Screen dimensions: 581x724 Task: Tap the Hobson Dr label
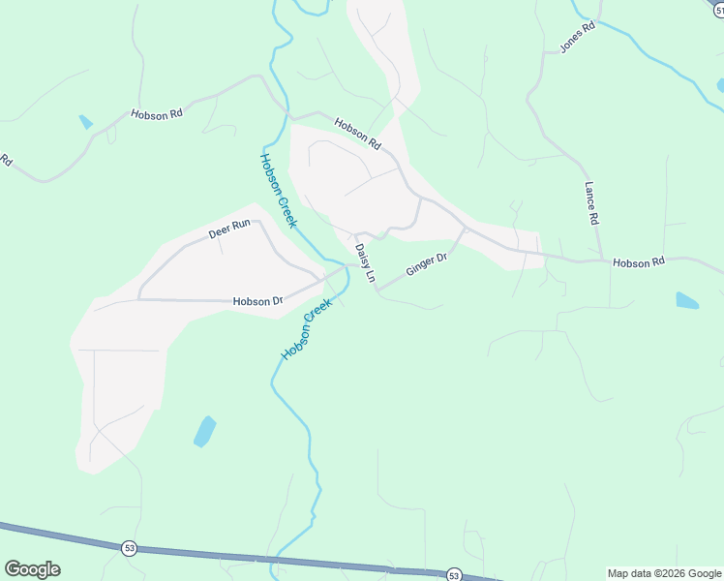click(257, 301)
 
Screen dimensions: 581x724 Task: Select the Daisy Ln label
click(364, 263)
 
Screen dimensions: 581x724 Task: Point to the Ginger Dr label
click(426, 264)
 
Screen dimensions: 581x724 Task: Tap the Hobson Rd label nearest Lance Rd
click(639, 262)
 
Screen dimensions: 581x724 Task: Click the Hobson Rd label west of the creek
click(157, 113)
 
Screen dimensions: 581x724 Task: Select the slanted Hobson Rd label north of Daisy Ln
click(357, 134)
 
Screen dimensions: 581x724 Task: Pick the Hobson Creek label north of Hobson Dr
click(278, 191)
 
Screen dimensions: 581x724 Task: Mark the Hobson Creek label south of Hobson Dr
click(306, 329)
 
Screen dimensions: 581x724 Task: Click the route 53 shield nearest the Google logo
click(129, 548)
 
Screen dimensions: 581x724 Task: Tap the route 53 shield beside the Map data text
click(454, 574)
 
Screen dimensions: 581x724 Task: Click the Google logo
click(32, 569)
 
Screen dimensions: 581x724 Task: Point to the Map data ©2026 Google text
click(664, 573)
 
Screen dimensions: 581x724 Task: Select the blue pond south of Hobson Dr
click(204, 431)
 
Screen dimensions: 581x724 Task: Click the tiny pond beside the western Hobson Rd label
click(86, 122)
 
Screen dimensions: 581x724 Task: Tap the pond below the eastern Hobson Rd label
click(686, 300)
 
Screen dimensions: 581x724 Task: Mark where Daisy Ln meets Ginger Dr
click(376, 290)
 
